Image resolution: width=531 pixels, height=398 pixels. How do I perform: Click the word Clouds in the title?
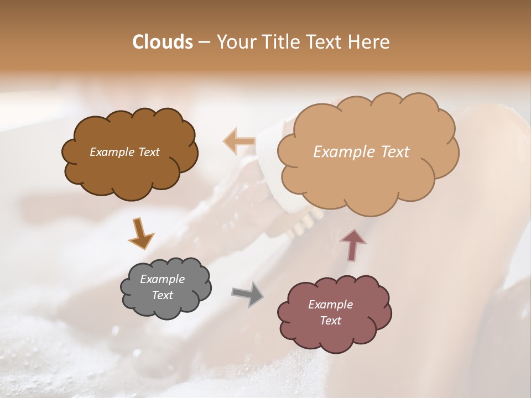pyautogui.click(x=163, y=42)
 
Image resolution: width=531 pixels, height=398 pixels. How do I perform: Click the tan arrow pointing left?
pyautogui.click(x=240, y=142)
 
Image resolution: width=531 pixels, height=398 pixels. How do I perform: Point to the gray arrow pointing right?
pyautogui.click(x=248, y=294)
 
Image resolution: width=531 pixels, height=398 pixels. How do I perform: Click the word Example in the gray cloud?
pyautogui.click(x=162, y=279)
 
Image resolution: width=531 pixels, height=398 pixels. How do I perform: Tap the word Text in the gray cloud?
pyautogui.click(x=162, y=295)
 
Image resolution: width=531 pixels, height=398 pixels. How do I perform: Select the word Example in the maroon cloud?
pyautogui.click(x=330, y=305)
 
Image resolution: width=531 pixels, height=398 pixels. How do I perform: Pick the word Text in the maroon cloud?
pyautogui.click(x=330, y=321)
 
